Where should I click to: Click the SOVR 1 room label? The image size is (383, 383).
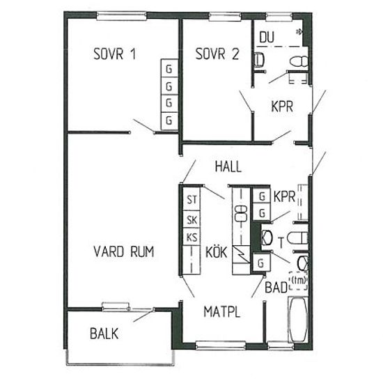click(115, 54)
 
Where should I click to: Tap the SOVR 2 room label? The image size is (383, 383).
click(217, 54)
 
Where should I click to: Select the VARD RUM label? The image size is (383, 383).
click(124, 251)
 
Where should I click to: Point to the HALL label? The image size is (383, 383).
click(228, 166)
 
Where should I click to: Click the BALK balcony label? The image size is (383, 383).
click(104, 334)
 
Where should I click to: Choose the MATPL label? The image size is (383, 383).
click(221, 312)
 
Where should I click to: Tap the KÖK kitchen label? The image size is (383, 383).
click(217, 251)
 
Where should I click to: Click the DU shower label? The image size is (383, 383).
click(267, 38)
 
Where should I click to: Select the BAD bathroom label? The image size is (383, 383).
click(276, 288)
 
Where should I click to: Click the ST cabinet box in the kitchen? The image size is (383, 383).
click(191, 199)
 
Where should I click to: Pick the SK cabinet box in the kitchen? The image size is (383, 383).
click(191, 219)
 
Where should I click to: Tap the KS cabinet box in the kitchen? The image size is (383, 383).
click(191, 237)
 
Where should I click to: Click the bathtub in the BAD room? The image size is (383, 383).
click(298, 320)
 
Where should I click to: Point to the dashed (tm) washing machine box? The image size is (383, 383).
click(298, 281)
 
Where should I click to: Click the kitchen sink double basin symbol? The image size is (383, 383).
click(241, 213)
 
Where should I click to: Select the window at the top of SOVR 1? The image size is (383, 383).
click(122, 16)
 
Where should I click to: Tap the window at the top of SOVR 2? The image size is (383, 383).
click(225, 16)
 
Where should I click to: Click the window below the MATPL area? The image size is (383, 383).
click(221, 345)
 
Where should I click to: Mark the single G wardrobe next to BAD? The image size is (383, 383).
click(261, 263)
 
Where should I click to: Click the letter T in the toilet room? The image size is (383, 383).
click(281, 242)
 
